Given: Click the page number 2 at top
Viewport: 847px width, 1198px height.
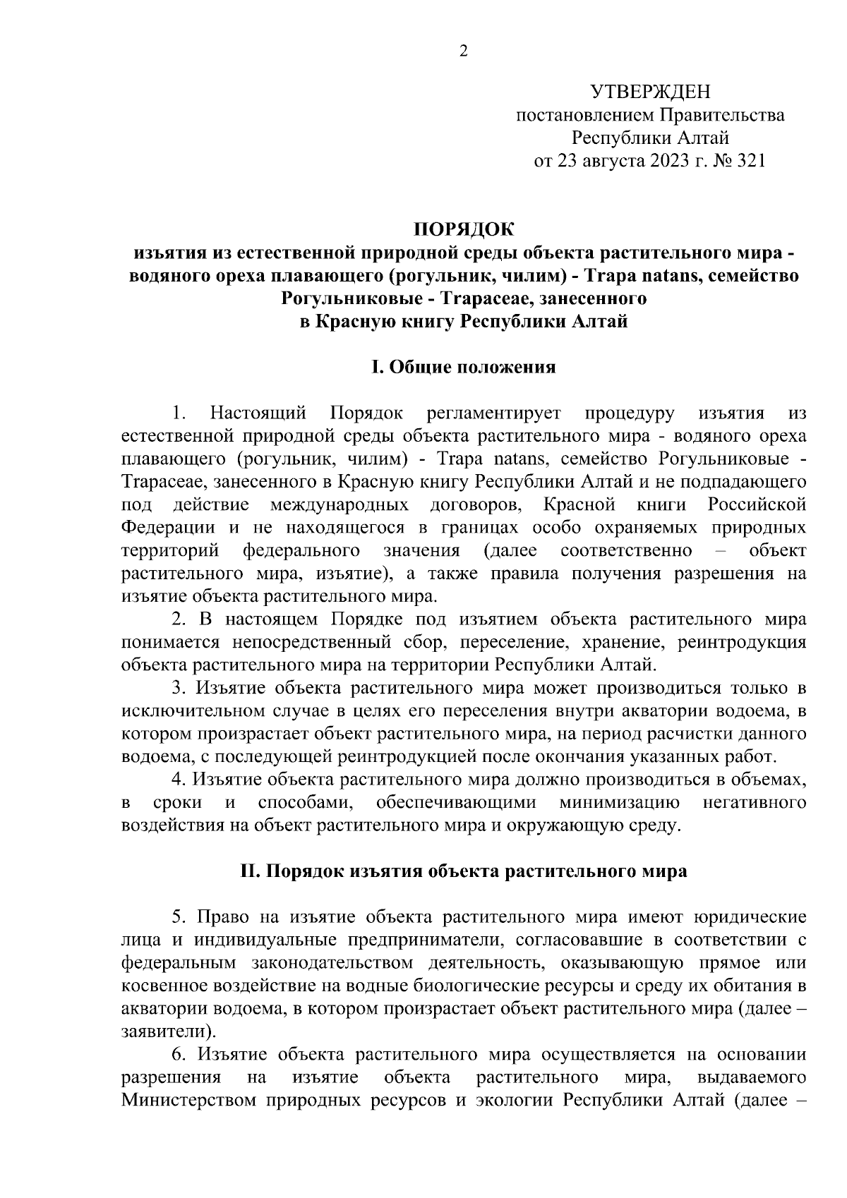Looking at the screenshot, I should (463, 51).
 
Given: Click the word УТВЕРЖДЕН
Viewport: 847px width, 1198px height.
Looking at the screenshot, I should (649, 91).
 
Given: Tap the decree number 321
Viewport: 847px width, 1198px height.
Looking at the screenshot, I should (750, 161).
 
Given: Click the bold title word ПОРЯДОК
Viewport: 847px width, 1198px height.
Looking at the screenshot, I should (464, 229).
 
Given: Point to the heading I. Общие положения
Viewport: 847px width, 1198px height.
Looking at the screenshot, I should (464, 367).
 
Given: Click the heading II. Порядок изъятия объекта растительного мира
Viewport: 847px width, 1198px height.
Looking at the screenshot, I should (464, 871).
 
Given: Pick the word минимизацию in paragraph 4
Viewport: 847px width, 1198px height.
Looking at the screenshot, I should (620, 803).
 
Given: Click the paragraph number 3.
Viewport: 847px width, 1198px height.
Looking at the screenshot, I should (179, 689).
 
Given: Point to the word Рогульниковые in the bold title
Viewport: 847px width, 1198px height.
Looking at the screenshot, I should (349, 298).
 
